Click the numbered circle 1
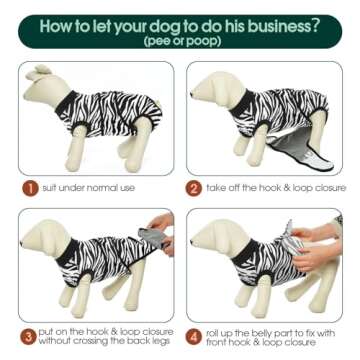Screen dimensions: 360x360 tap(30, 189)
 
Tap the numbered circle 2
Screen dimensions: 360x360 tap(194, 189)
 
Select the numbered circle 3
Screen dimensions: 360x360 tap(29, 337)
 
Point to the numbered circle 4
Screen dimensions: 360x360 tap(194, 337)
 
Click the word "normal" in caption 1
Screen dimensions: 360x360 tap(101, 188)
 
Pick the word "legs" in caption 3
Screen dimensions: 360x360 tap(162, 342)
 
